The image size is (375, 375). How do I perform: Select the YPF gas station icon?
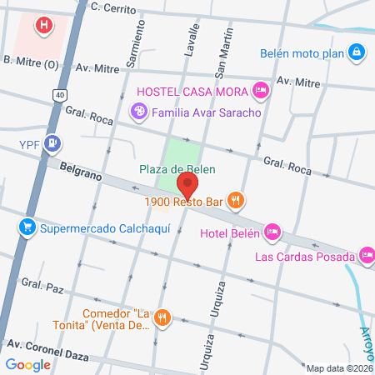(x=53, y=143)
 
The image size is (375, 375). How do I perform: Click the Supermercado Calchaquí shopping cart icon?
(x=27, y=227)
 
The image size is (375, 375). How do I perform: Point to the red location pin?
(x=188, y=182)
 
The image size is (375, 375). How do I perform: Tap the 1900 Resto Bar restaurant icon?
(x=237, y=200)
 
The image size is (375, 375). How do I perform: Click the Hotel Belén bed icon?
(x=272, y=231)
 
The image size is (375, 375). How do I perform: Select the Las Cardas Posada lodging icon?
(x=367, y=255)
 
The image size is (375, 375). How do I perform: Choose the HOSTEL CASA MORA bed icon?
(x=260, y=89)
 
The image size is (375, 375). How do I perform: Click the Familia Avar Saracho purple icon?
(x=138, y=111)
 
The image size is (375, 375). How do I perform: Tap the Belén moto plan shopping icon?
(x=357, y=52)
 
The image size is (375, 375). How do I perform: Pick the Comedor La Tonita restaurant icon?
(x=163, y=317)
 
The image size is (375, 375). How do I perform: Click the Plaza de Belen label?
(x=177, y=169)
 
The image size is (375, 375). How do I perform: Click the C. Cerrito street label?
(x=114, y=7)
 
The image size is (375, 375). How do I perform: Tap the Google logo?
(x=27, y=364)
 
